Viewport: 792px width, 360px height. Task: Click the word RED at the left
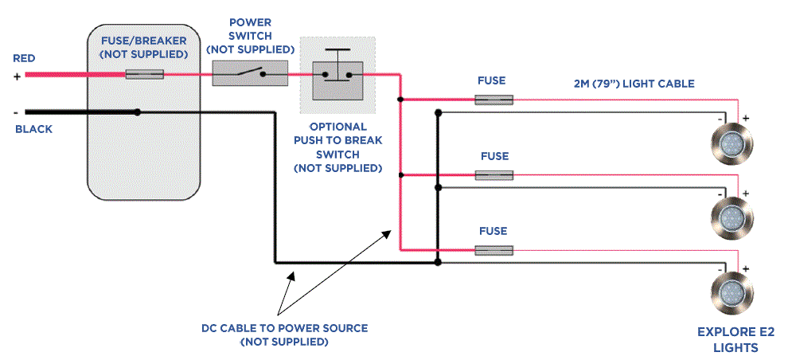tap(24, 59)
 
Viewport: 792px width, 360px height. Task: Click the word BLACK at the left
tap(33, 129)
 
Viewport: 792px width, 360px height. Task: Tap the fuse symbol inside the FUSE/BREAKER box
tap(145, 74)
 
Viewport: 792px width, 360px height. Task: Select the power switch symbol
tap(249, 75)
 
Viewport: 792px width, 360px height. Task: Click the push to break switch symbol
tap(337, 76)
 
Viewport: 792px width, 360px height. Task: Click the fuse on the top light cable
tap(494, 100)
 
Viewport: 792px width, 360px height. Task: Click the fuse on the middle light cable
tap(494, 174)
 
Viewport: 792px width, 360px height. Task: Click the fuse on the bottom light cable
tap(494, 250)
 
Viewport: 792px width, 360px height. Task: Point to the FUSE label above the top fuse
tap(492, 81)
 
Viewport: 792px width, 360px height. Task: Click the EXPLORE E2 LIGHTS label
tap(735, 340)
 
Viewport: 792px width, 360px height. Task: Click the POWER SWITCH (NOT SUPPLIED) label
tap(251, 35)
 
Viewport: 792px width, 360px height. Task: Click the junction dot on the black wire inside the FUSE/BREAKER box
tap(139, 112)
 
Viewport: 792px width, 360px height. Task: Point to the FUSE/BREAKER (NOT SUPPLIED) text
tap(144, 46)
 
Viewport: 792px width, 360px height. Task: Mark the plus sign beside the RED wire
tap(17, 76)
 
